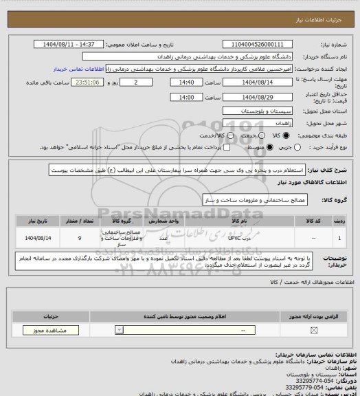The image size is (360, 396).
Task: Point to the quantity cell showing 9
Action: coord(80,237)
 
